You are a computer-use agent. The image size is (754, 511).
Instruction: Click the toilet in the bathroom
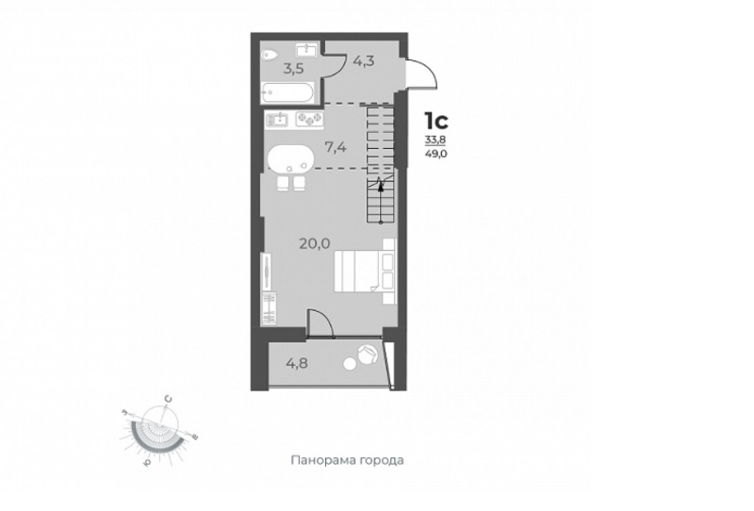pos(269,55)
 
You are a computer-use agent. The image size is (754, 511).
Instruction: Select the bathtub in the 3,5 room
pos(287,92)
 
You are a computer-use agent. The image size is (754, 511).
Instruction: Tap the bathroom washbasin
pos(304,49)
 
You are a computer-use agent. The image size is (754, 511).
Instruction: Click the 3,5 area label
pos(293,69)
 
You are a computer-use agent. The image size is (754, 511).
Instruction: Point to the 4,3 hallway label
pos(364,61)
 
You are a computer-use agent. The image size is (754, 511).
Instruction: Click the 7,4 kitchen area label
pos(336,147)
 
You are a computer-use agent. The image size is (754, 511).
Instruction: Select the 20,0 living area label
pos(315,244)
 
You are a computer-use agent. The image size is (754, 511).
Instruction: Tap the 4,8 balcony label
pos(297,362)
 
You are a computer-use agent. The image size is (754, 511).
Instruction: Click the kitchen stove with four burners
pos(309,119)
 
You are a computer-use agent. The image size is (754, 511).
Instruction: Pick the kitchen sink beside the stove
pos(279,119)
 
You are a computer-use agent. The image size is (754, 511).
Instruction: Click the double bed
pos(365,271)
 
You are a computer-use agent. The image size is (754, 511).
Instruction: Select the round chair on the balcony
pos(369,354)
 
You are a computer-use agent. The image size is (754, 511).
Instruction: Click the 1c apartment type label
pos(435,121)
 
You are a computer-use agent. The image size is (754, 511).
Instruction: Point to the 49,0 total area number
pos(434,154)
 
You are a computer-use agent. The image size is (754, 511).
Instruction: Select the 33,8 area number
pos(434,140)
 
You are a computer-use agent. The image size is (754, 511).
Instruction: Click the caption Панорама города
pos(347,460)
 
